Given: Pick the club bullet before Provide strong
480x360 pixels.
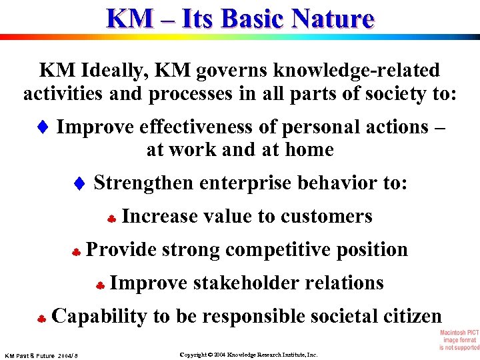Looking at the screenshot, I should point(76,251).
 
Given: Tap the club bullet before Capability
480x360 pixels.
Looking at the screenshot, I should point(41,318).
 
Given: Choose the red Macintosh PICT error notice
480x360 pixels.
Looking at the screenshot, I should point(459,340).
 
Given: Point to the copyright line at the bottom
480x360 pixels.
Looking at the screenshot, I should point(249,355).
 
